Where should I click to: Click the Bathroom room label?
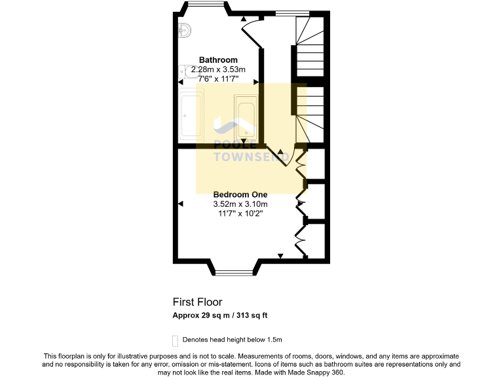coord(219,60)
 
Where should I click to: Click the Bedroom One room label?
coord(240,194)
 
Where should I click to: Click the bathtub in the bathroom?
coord(246,117)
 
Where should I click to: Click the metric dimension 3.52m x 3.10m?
coord(240,204)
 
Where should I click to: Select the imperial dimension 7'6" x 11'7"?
coord(219,79)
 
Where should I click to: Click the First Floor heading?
coord(197,302)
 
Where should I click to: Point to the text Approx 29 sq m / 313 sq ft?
coord(219,315)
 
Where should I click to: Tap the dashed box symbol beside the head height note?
coord(175,340)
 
